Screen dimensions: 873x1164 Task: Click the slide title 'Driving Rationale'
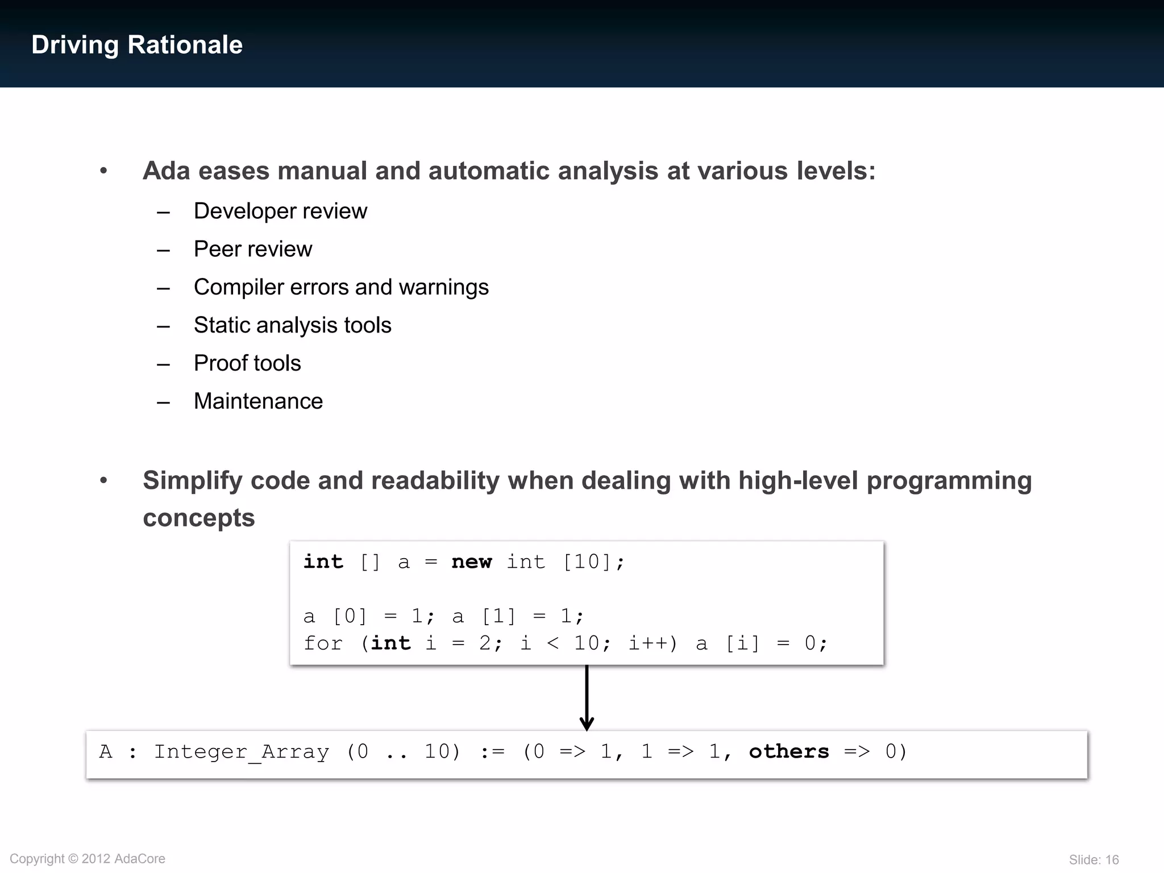137,45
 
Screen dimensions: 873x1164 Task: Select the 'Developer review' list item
280,211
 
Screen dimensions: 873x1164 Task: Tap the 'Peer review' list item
253,250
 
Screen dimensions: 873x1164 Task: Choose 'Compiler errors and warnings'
341,288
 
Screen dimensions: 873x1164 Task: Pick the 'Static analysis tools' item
292,326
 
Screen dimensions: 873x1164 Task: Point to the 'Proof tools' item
247,364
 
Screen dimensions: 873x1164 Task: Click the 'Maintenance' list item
258,402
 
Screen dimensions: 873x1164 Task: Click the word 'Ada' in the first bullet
166,171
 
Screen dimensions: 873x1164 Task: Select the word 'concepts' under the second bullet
198,518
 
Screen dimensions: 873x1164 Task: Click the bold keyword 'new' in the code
471,562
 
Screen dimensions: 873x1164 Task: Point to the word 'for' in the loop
323,644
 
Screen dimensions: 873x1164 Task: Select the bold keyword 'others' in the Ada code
789,752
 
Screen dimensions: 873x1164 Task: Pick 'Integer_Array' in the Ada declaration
242,752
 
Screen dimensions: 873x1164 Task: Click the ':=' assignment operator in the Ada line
492,752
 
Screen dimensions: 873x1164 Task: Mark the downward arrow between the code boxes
587,698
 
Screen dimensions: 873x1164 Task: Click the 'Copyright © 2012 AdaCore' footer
88,859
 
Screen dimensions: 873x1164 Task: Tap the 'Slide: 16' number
1094,860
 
